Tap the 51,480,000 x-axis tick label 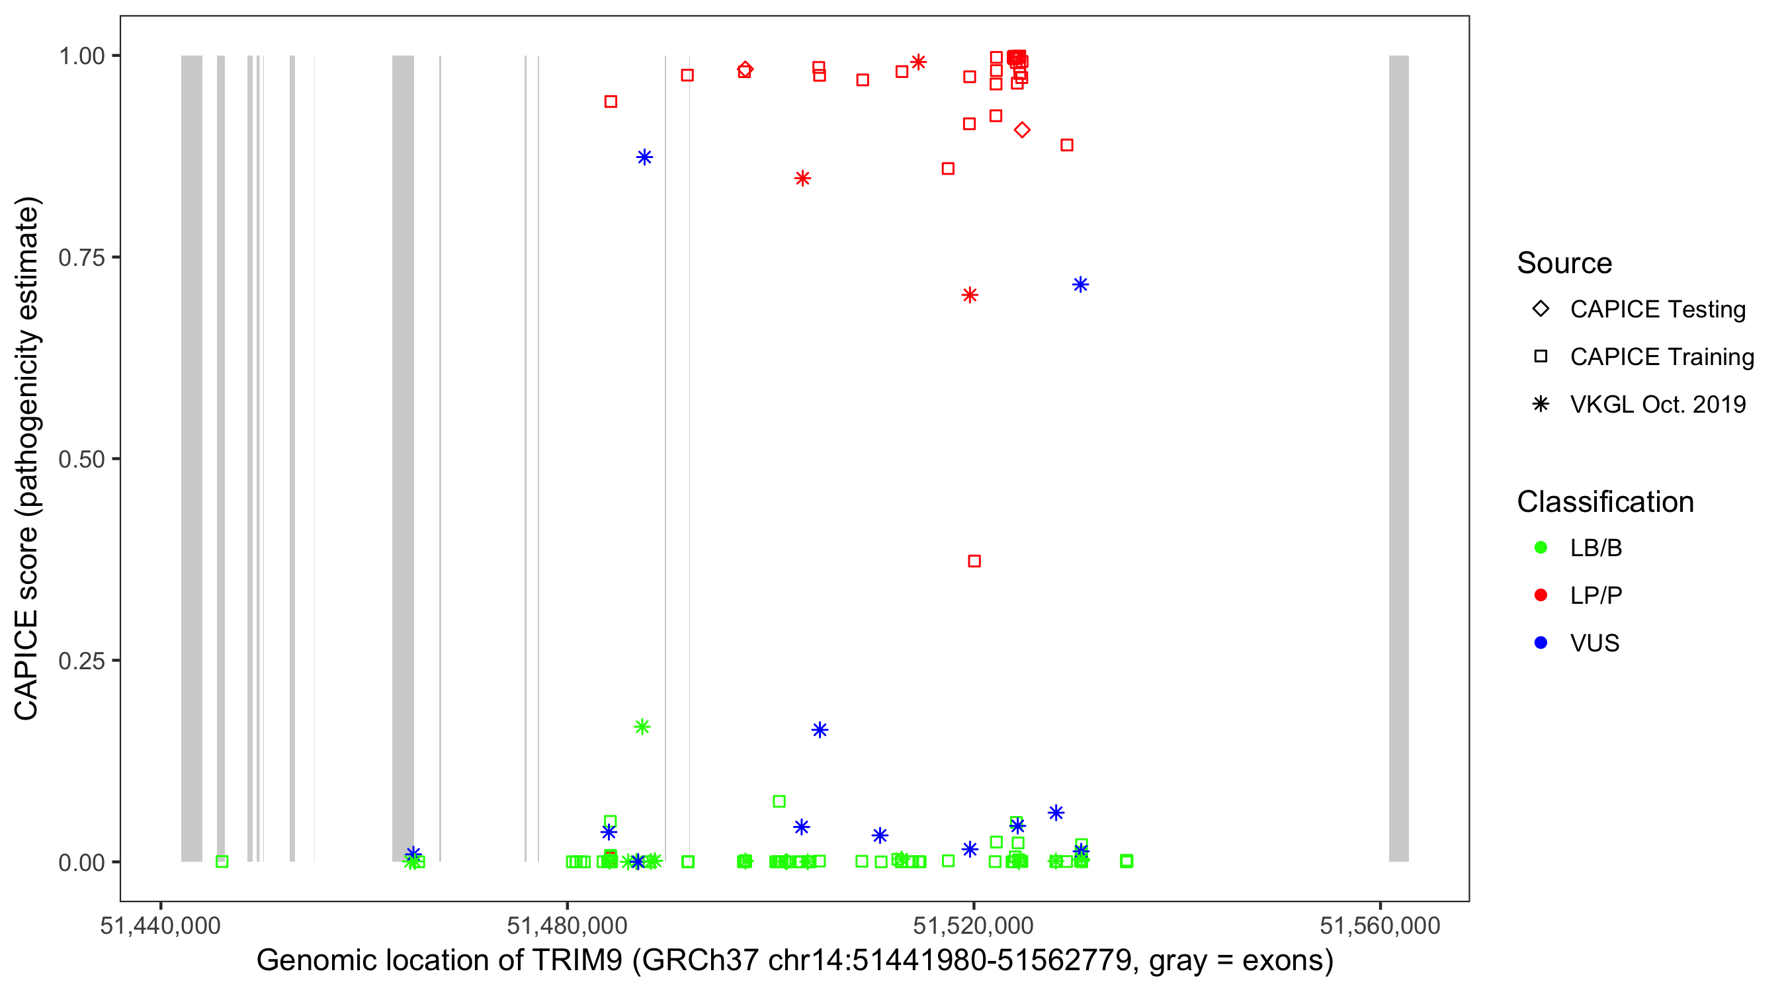(567, 925)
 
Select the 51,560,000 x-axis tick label (1380, 925)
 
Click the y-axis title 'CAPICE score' (28, 458)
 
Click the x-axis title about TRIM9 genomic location (794, 961)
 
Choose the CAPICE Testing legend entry (1657, 310)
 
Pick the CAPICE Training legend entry (1661, 357)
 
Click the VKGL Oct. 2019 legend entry (1657, 405)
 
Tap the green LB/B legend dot (1541, 548)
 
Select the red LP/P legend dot (1541, 595)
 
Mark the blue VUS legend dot (1541, 643)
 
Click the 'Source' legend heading (1564, 263)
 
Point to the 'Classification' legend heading (1605, 502)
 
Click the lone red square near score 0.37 (974, 561)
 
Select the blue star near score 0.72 (1080, 285)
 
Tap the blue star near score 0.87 (644, 157)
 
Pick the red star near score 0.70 (970, 296)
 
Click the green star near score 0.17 (642, 727)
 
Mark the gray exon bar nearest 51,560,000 (1398, 458)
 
